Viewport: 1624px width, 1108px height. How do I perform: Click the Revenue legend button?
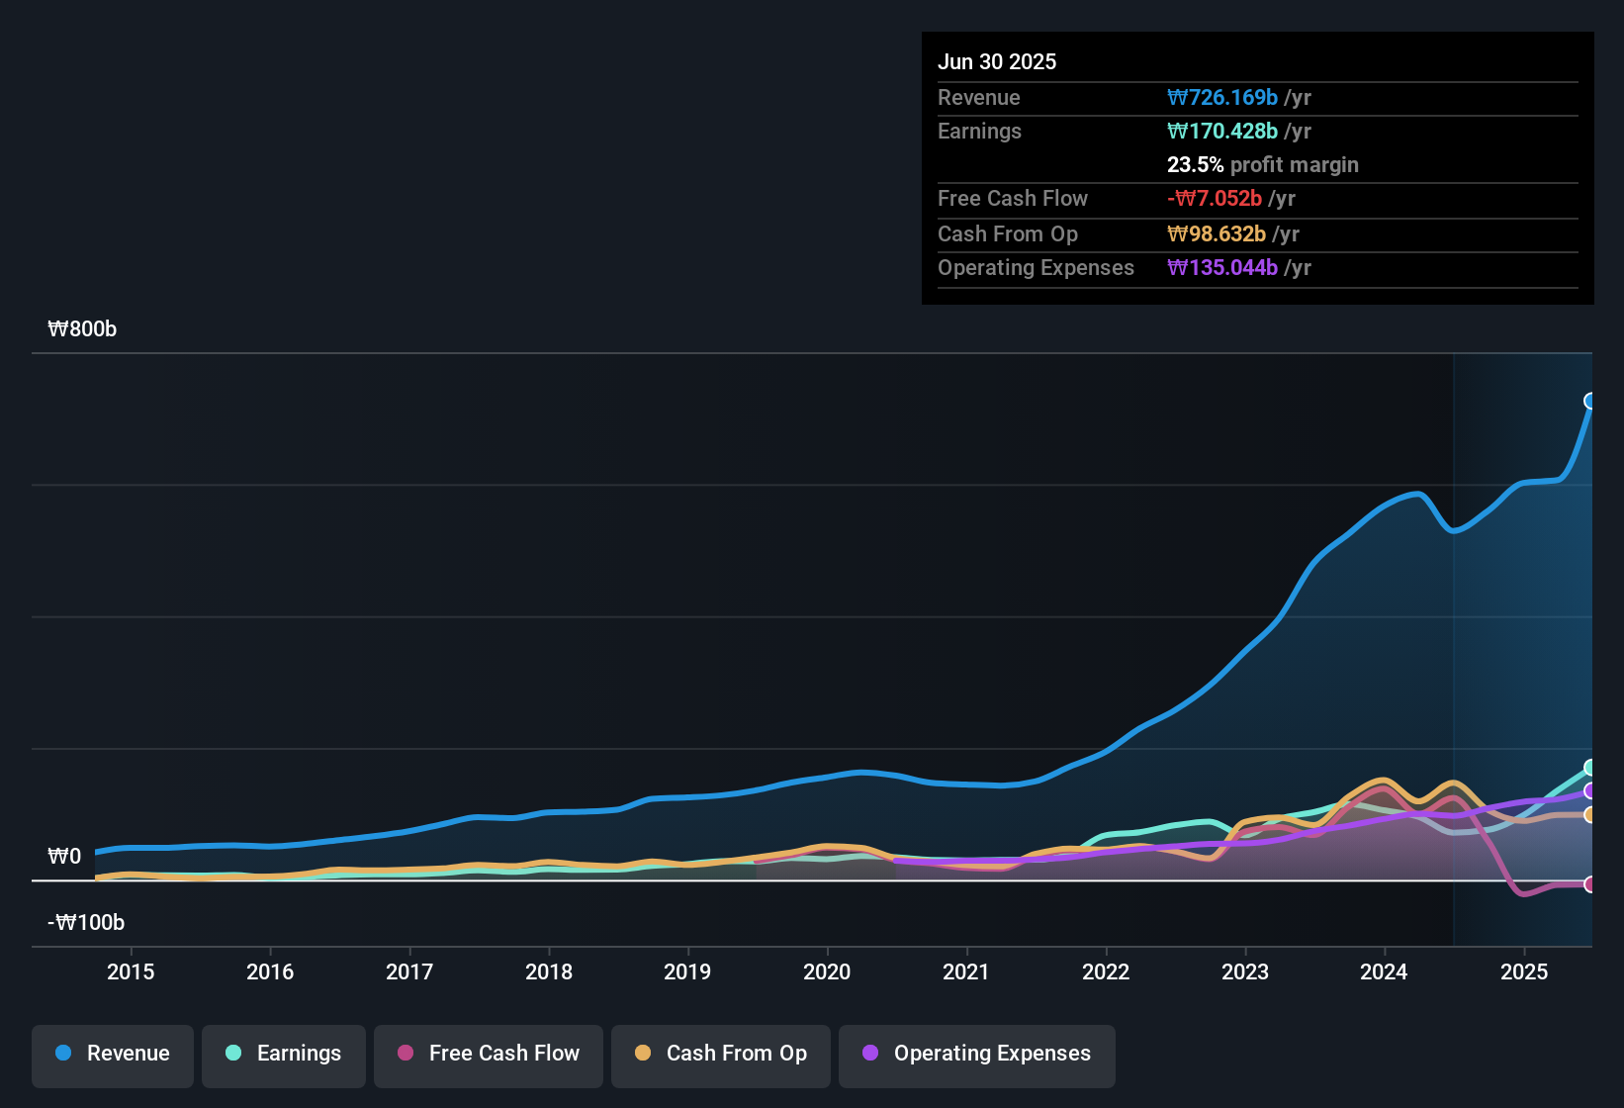coord(113,1054)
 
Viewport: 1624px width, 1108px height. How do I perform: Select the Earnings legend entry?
coord(284,1054)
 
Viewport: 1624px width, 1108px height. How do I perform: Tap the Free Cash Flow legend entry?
coord(489,1054)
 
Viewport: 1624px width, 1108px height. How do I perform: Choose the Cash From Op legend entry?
coord(721,1054)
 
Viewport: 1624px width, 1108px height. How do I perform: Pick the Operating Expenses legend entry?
coord(977,1054)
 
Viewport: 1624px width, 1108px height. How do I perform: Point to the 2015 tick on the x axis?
coord(131,971)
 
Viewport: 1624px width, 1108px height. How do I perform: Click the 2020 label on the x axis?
coord(827,971)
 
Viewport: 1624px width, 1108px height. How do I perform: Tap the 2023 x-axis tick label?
coord(1245,971)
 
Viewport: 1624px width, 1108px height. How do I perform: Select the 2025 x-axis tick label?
coord(1524,971)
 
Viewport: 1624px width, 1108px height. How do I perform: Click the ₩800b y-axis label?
coord(82,329)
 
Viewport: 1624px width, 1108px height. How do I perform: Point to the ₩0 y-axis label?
coord(64,857)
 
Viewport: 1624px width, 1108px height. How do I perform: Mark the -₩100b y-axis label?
coord(86,923)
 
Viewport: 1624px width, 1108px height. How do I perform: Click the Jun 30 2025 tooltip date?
coord(997,62)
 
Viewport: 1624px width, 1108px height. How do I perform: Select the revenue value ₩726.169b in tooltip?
coord(1222,98)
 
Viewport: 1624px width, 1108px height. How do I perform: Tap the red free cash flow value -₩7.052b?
coord(1215,199)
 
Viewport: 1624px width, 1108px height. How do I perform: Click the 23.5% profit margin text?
coord(1262,165)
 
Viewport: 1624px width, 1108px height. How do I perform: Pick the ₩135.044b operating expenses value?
coord(1222,268)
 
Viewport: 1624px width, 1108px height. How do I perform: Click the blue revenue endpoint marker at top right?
coord(1590,401)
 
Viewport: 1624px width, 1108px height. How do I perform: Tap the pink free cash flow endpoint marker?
coord(1590,884)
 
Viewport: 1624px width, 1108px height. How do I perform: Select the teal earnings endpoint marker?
coord(1590,768)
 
